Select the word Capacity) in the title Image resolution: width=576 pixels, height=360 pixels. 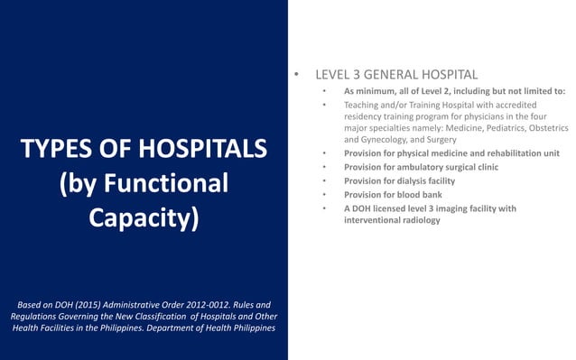[144, 219]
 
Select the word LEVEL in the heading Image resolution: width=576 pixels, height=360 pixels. [333, 73]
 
